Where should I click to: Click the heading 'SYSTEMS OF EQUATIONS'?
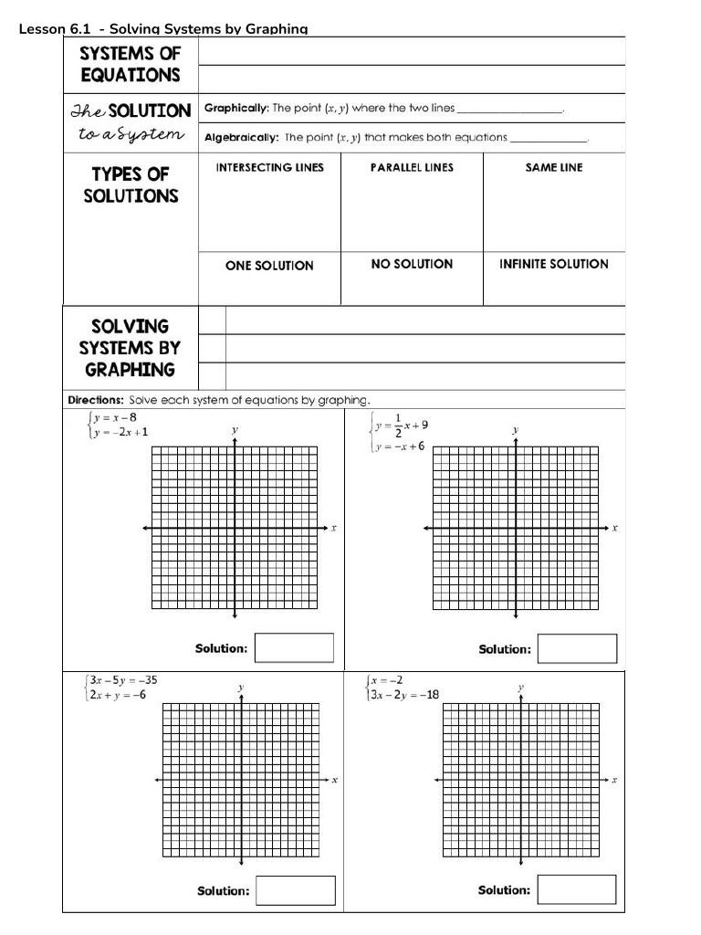(x=131, y=65)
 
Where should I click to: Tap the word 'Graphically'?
(x=235, y=108)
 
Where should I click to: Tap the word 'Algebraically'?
(x=241, y=137)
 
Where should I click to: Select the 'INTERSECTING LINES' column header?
(x=269, y=167)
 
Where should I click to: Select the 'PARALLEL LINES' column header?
(x=412, y=167)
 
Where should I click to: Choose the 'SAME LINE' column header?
(x=553, y=167)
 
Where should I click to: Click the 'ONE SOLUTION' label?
(x=269, y=266)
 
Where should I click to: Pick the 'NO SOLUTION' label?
(x=412, y=264)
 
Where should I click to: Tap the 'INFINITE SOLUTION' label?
(x=553, y=264)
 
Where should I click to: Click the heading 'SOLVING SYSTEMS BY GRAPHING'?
(x=130, y=348)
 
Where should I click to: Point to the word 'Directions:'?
(x=96, y=400)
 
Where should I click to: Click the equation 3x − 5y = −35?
(x=122, y=679)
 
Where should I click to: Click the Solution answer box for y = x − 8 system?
(x=294, y=648)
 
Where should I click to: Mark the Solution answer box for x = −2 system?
(x=577, y=889)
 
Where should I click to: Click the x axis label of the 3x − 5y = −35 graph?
(x=335, y=780)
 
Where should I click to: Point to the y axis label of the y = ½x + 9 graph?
(x=516, y=429)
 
